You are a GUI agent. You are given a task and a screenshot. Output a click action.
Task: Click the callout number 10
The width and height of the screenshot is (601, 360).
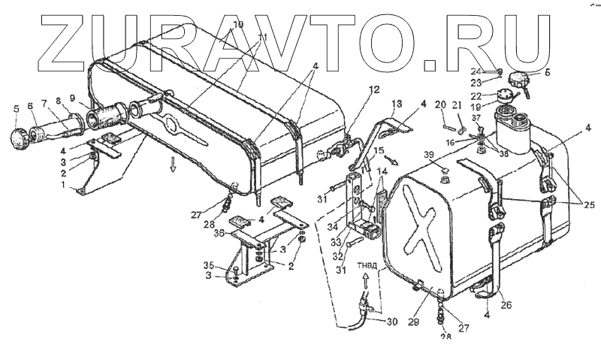click(238, 25)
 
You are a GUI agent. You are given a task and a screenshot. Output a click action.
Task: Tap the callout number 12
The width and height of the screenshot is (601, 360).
click(353, 90)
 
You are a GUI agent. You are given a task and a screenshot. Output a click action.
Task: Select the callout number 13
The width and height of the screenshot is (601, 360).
click(397, 102)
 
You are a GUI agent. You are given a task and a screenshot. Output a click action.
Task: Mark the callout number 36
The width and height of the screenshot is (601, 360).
click(218, 234)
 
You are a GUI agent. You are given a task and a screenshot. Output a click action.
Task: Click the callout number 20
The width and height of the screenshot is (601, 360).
click(440, 104)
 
